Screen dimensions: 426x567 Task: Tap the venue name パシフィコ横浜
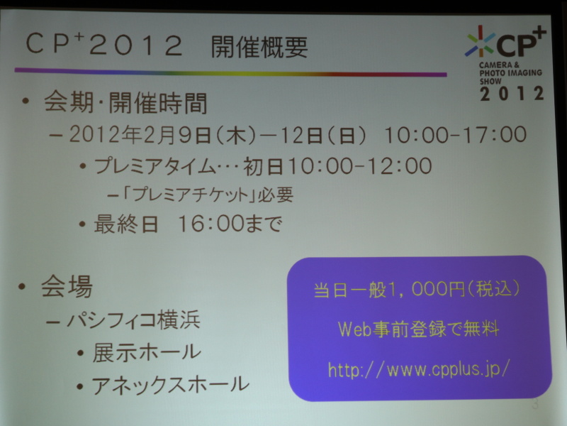pyautogui.click(x=133, y=320)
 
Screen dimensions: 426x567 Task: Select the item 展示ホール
pyautogui.click(x=147, y=352)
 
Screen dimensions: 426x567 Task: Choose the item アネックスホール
pyautogui.click(x=170, y=385)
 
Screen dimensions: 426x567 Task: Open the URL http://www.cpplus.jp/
pyautogui.click(x=418, y=369)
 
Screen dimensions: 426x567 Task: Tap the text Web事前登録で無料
pyautogui.click(x=418, y=329)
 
